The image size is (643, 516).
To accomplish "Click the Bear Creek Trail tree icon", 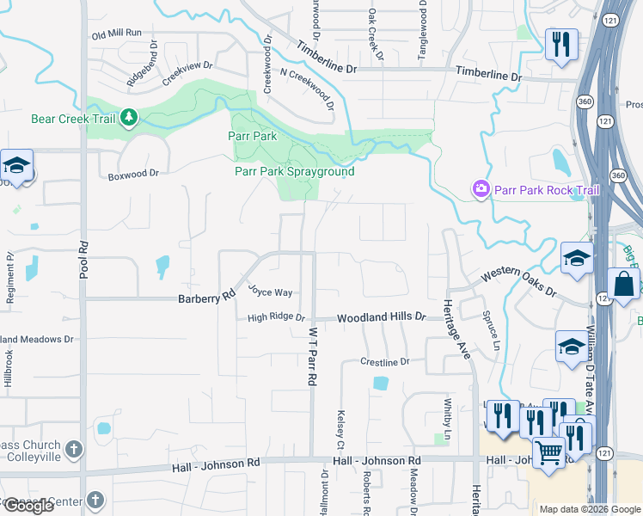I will [129, 117].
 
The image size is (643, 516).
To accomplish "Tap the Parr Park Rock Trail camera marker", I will [481, 188].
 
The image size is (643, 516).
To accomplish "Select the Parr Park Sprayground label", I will [295, 171].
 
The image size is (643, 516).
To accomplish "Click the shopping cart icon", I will [548, 451].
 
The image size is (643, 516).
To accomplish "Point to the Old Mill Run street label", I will [116, 34].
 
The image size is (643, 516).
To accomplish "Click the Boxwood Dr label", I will [133, 173].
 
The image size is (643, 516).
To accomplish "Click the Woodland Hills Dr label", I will [381, 317].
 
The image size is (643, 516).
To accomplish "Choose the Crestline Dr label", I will [385, 363].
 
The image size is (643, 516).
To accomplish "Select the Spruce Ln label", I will [491, 329].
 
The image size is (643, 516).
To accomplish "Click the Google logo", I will [28, 507].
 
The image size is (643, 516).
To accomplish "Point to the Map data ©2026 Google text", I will [589, 509].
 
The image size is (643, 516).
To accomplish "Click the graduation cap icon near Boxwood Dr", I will [15, 166].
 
